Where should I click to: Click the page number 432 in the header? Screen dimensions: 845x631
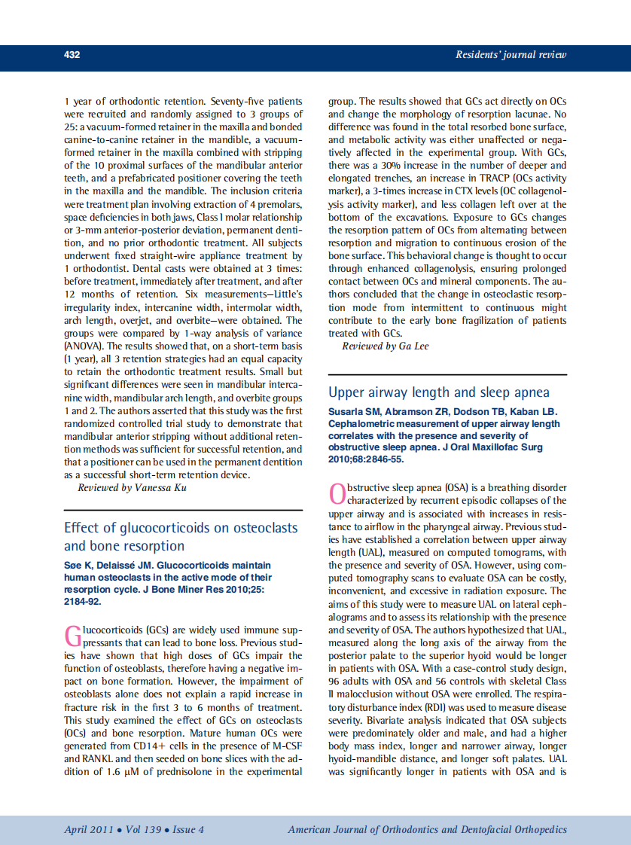72,55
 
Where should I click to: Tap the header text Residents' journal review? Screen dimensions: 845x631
511,55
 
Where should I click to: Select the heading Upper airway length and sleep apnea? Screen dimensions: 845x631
439,392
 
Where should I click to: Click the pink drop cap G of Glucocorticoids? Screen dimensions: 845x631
72,636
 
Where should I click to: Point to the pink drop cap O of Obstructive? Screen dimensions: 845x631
337,493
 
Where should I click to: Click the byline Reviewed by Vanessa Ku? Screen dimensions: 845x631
132,488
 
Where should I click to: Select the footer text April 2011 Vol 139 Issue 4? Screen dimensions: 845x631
134,830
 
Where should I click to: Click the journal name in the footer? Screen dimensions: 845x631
427,830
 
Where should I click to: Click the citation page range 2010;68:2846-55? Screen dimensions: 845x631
366,459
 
